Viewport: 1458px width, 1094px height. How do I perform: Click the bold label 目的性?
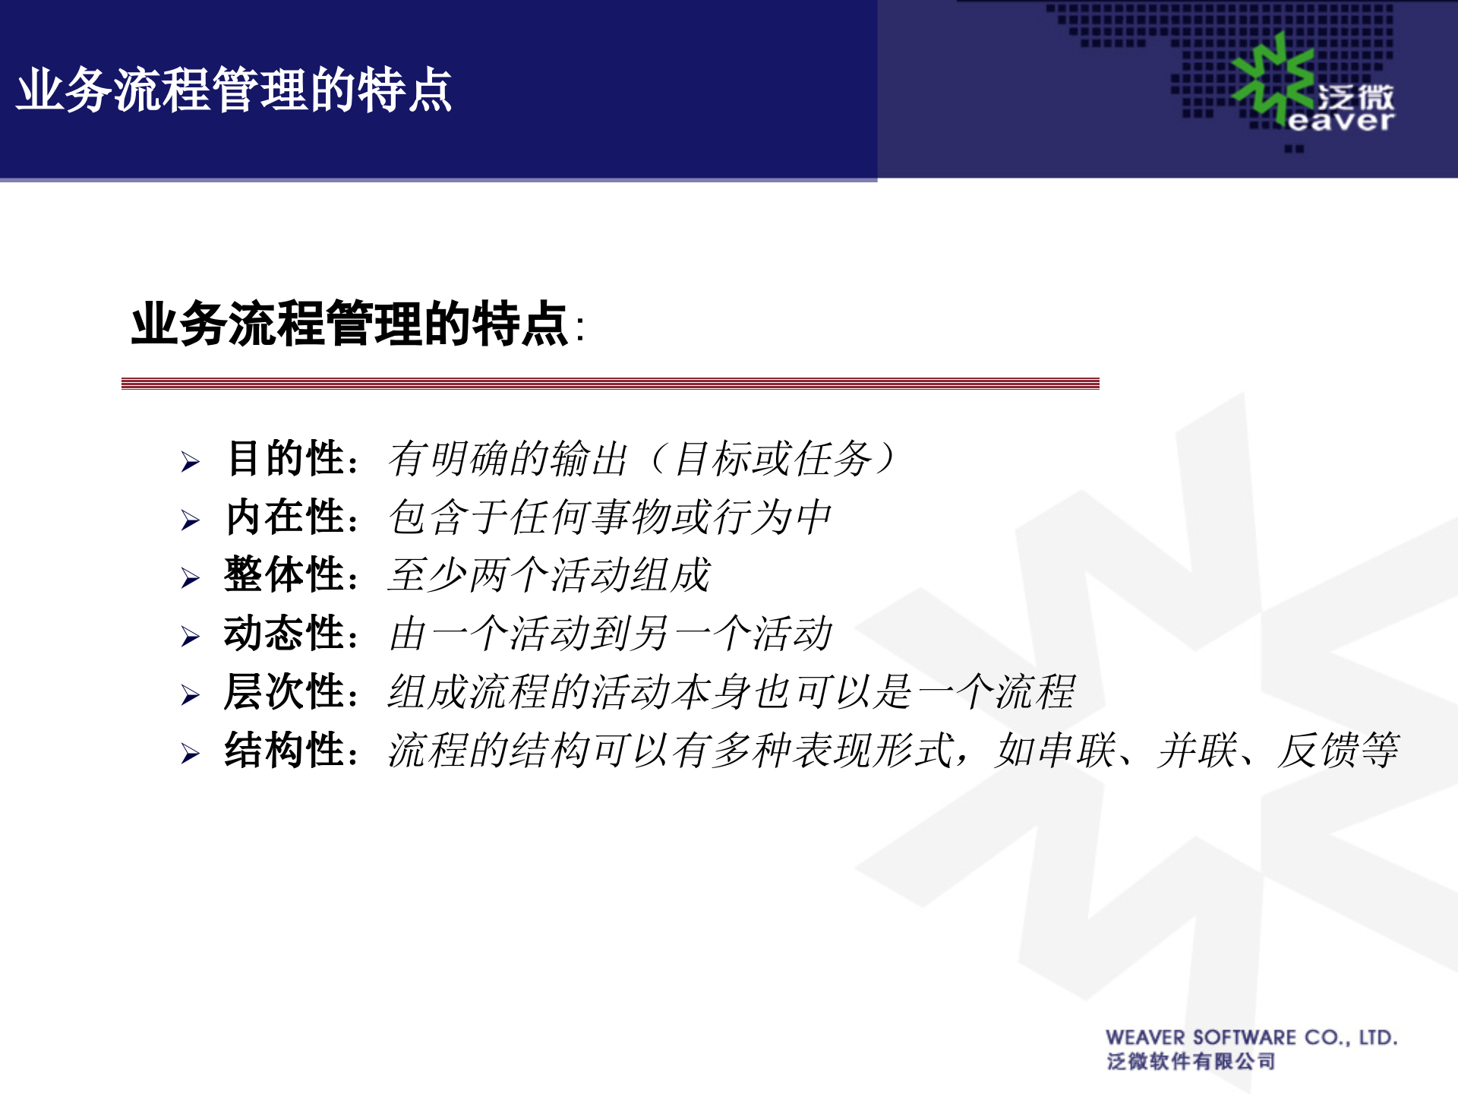pos(286,459)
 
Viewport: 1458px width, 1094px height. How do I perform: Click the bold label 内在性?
pos(286,517)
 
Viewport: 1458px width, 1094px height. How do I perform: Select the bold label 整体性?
pos(286,575)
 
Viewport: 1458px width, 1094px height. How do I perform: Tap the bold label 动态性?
pos(286,634)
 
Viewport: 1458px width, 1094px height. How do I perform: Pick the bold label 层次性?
pos(286,692)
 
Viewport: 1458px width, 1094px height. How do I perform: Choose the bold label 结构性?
pos(286,751)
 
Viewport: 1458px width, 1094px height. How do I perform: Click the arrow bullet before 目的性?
pos(190,462)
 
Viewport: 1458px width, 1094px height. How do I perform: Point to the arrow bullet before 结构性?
pos(190,754)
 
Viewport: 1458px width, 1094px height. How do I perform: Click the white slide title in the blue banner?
pos(235,90)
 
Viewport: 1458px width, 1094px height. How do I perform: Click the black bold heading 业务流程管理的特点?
pos(349,324)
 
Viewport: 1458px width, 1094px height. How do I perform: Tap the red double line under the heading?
pos(610,384)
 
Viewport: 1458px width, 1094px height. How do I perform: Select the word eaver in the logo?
pos(1341,121)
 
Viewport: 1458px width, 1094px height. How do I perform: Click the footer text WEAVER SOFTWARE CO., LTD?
pos(1251,1038)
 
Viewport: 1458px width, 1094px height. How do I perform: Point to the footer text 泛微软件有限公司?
pos(1191,1061)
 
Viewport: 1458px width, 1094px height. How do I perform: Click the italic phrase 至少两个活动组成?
pos(548,575)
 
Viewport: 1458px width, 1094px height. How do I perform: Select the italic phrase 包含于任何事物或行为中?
pos(610,517)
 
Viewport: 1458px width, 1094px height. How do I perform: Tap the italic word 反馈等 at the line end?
pos(1338,751)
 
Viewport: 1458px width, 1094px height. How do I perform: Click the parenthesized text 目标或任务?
pos(773,459)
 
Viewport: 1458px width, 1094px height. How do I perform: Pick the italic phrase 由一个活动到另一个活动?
pos(610,634)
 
